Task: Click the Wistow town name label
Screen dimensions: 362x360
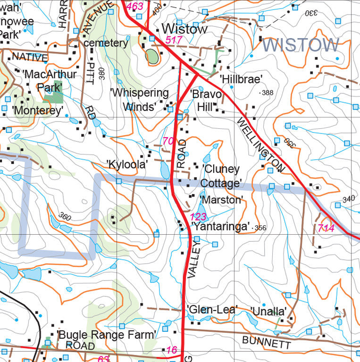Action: point(184,29)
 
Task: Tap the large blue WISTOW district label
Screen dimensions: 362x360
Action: point(301,45)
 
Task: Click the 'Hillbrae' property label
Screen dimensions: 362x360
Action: point(241,79)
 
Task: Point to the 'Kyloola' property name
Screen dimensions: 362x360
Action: point(127,165)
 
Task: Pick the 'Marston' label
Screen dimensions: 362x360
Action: point(221,200)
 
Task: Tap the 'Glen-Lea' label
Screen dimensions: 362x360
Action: point(212,310)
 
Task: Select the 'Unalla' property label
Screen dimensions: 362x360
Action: point(268,312)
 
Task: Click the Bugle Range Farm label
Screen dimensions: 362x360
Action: point(107,335)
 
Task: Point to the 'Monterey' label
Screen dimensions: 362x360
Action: point(38,110)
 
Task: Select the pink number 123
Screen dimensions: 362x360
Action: point(199,217)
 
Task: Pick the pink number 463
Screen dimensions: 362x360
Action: point(135,6)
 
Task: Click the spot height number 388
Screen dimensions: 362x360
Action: point(268,93)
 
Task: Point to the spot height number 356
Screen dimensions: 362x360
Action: point(260,228)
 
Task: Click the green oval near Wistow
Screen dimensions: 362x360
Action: point(152,57)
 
